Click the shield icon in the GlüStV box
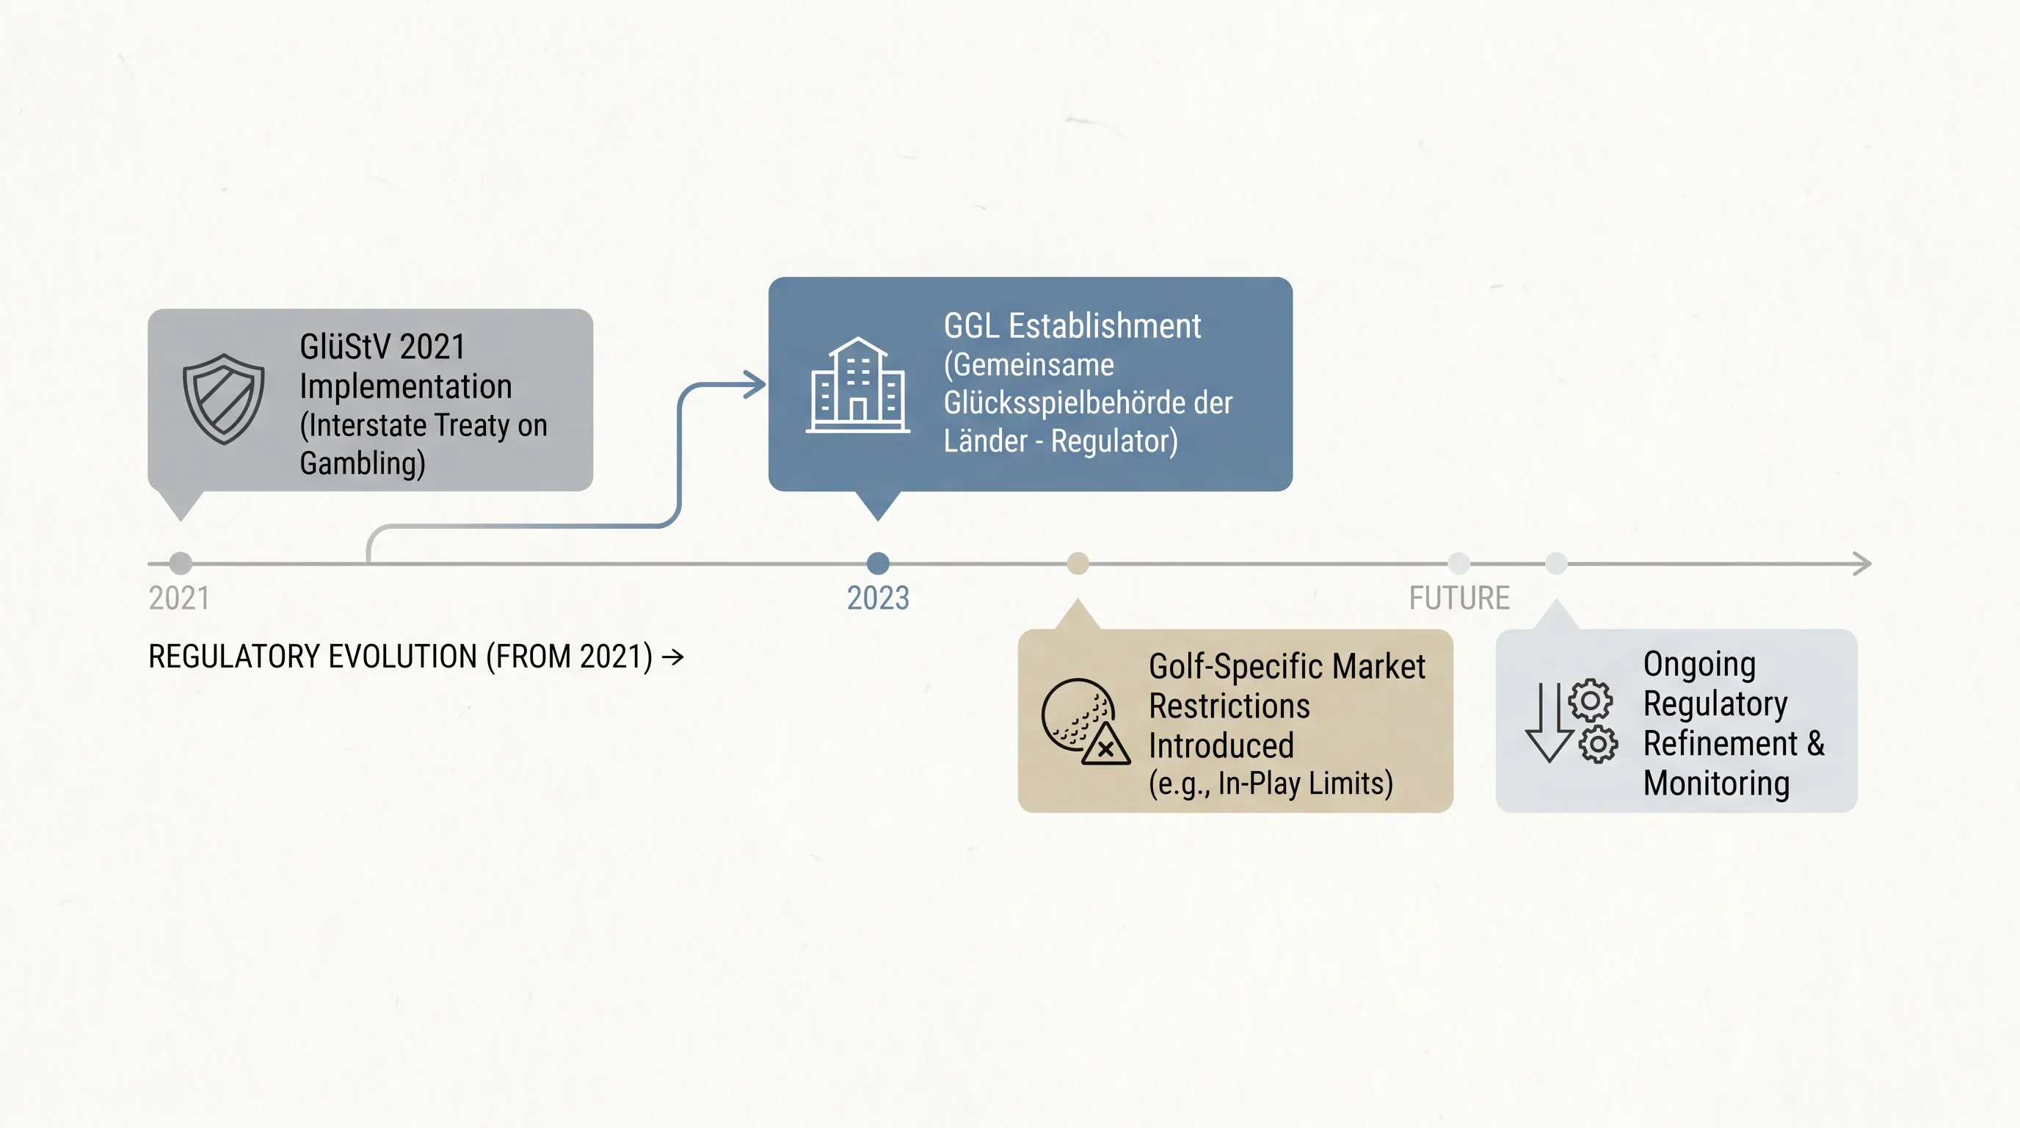tap(223, 399)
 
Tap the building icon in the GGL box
tap(858, 384)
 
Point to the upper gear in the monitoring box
tap(1591, 700)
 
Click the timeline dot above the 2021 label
tap(181, 563)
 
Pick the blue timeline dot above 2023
tap(879, 563)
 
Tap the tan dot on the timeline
tap(1078, 563)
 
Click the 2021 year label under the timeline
tap(179, 598)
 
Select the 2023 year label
tap(879, 598)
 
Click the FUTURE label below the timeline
tap(1459, 598)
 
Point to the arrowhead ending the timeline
tap(1862, 563)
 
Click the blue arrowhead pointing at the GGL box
tap(755, 384)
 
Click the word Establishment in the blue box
tap(1104, 325)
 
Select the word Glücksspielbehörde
tap(1064, 402)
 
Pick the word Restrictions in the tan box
tap(1229, 706)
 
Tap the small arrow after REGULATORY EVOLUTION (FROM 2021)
tap(673, 657)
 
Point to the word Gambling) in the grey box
tap(363, 463)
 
